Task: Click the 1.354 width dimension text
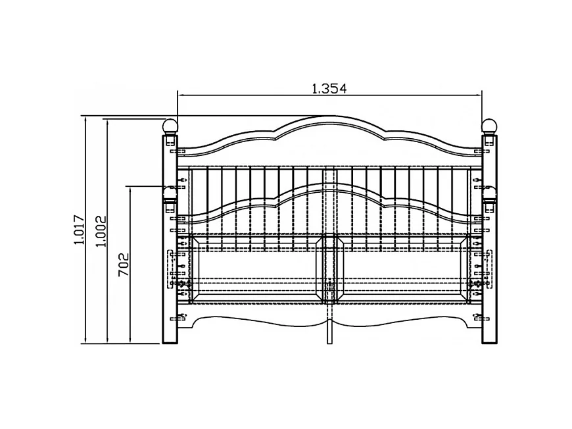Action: pos(329,88)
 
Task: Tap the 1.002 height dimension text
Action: pos(101,231)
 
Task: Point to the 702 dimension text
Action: pos(124,265)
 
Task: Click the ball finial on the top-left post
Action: pos(170,126)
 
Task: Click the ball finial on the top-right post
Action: pos(489,126)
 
